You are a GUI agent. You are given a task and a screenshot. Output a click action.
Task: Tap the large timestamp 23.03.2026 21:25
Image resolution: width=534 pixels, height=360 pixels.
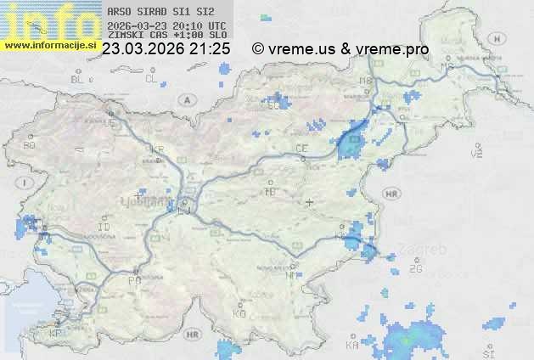166,49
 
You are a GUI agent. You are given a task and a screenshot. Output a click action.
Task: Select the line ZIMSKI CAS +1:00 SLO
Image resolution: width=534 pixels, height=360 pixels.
167,36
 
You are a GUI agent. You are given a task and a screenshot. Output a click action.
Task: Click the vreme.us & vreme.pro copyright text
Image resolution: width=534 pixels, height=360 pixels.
340,49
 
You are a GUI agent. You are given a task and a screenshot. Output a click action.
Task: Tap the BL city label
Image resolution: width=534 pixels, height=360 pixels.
77,79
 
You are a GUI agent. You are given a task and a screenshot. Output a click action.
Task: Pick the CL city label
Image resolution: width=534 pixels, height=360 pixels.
152,79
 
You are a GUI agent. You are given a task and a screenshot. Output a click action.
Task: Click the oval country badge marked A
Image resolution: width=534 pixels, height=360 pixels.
186,99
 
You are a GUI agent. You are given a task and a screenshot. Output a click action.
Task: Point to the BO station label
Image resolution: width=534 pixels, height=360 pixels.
30,145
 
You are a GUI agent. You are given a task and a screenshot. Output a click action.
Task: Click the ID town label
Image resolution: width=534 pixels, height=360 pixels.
104,228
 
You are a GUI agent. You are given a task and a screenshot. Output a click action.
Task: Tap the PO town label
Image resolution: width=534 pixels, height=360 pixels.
133,280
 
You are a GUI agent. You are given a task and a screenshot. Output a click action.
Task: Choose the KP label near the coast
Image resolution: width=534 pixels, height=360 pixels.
56,334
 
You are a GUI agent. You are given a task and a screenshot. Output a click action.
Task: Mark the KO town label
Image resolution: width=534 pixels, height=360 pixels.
239,313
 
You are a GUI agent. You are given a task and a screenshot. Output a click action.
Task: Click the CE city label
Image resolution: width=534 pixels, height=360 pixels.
301,149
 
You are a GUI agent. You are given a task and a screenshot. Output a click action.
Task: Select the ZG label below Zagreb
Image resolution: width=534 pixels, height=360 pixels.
415,269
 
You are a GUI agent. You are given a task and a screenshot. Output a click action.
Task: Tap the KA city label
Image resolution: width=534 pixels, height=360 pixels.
352,346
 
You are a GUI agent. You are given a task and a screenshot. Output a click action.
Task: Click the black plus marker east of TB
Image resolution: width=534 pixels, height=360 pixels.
310,202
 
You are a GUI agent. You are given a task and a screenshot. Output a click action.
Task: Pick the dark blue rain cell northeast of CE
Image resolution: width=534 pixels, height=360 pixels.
350,141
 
